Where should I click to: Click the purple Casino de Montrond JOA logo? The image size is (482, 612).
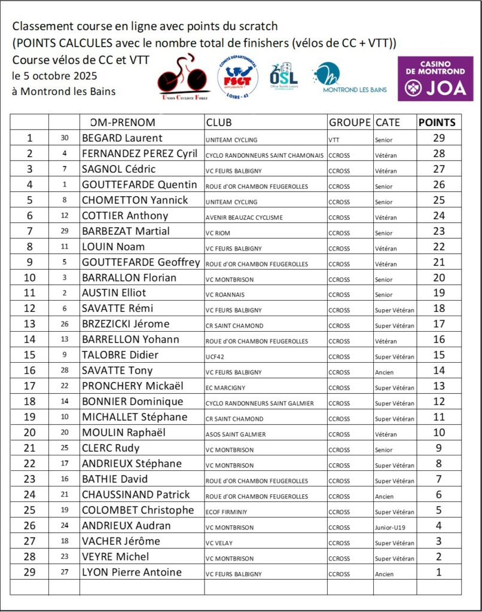[435, 78]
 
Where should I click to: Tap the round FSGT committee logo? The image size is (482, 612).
[237, 78]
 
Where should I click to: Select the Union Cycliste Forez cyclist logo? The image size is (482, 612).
[183, 78]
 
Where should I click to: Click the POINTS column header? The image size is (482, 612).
[437, 123]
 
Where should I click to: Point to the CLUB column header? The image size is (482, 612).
[219, 123]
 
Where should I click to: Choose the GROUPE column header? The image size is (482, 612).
[350, 123]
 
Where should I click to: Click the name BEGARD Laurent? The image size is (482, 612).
[122, 138]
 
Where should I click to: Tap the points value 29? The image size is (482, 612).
[438, 138]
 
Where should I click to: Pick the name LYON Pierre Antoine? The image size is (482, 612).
[132, 572]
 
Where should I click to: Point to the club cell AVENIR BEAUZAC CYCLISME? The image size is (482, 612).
[244, 218]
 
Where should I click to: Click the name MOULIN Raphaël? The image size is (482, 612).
[124, 432]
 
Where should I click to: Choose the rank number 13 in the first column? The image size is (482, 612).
[30, 324]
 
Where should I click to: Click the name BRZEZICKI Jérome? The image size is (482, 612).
[126, 324]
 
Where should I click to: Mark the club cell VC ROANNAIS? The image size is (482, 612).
[225, 295]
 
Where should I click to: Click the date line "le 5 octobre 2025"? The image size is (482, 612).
[54, 76]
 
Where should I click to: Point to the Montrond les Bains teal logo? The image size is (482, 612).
[350, 78]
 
